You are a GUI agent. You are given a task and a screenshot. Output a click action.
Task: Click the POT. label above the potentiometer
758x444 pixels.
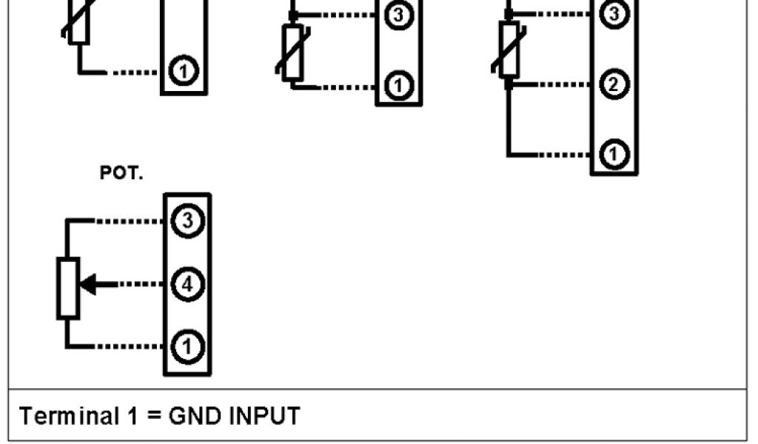coord(121,174)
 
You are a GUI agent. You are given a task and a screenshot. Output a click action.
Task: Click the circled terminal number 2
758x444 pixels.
coord(613,85)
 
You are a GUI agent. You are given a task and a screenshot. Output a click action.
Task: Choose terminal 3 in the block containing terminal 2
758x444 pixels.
coord(613,14)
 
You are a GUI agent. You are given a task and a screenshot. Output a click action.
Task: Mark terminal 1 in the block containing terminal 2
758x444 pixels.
coord(613,155)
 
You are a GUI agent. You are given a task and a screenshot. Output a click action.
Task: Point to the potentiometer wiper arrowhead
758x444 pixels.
coord(87,283)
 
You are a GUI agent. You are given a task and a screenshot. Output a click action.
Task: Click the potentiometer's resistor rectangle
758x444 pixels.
coord(68,288)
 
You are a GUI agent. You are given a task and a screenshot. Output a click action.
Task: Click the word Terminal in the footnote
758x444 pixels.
coord(64,416)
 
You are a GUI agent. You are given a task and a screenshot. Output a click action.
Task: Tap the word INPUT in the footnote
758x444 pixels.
coord(263,416)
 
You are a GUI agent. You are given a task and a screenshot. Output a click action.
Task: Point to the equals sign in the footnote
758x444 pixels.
coord(152,416)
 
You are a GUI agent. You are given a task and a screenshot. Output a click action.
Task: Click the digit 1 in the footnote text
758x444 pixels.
coord(131,416)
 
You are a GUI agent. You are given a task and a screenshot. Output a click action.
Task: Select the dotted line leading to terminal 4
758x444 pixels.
coord(141,283)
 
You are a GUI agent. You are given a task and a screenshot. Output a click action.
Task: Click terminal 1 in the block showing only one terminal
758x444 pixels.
coord(184,71)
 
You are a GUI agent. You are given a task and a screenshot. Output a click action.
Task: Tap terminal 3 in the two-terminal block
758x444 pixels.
coord(399,16)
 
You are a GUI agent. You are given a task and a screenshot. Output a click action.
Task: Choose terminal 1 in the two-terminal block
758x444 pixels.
coord(399,86)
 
